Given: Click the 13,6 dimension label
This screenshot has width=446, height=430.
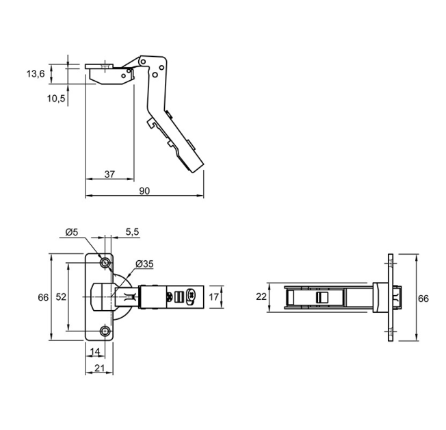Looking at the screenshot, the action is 36,74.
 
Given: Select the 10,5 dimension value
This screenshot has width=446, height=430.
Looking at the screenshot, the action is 56,99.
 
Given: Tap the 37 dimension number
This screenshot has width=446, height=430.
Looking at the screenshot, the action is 109,174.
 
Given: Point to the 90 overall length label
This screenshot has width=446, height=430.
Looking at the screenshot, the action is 144,191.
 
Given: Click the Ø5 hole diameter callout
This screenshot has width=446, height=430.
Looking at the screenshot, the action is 71,232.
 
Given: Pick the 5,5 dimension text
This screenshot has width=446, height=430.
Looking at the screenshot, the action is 132,232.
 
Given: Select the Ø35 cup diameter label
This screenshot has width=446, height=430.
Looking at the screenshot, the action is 144,264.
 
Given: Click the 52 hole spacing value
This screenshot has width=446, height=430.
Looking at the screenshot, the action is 61,297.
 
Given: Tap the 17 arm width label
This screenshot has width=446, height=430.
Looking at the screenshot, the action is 214,297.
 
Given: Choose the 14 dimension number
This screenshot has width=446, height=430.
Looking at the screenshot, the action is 95,352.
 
